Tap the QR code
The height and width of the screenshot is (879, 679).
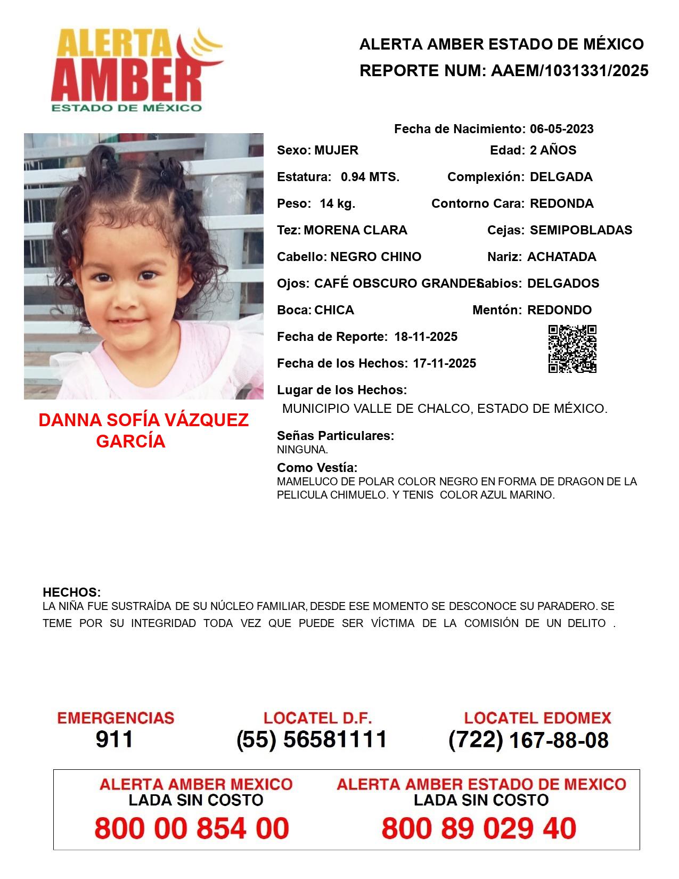[572, 349]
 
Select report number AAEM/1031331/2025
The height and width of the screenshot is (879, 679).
[569, 71]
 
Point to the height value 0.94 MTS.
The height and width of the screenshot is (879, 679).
[370, 177]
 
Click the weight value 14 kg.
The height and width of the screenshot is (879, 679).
[337, 204]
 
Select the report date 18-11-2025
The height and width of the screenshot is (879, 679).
[426, 337]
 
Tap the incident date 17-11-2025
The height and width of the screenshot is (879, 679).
[444, 363]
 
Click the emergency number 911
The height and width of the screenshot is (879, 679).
[114, 739]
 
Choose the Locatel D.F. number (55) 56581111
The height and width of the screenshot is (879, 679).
[312, 739]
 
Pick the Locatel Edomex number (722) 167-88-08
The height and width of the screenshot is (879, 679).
[528, 740]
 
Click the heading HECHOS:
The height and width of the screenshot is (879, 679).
[71, 592]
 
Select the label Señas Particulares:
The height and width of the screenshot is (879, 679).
[336, 436]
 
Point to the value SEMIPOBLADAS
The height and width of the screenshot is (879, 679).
[581, 230]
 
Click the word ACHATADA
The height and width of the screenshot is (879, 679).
[561, 257]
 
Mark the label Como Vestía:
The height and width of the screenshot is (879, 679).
[317, 468]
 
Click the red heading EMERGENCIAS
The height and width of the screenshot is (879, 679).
[116, 718]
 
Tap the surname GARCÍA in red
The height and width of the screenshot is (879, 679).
[130, 442]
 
